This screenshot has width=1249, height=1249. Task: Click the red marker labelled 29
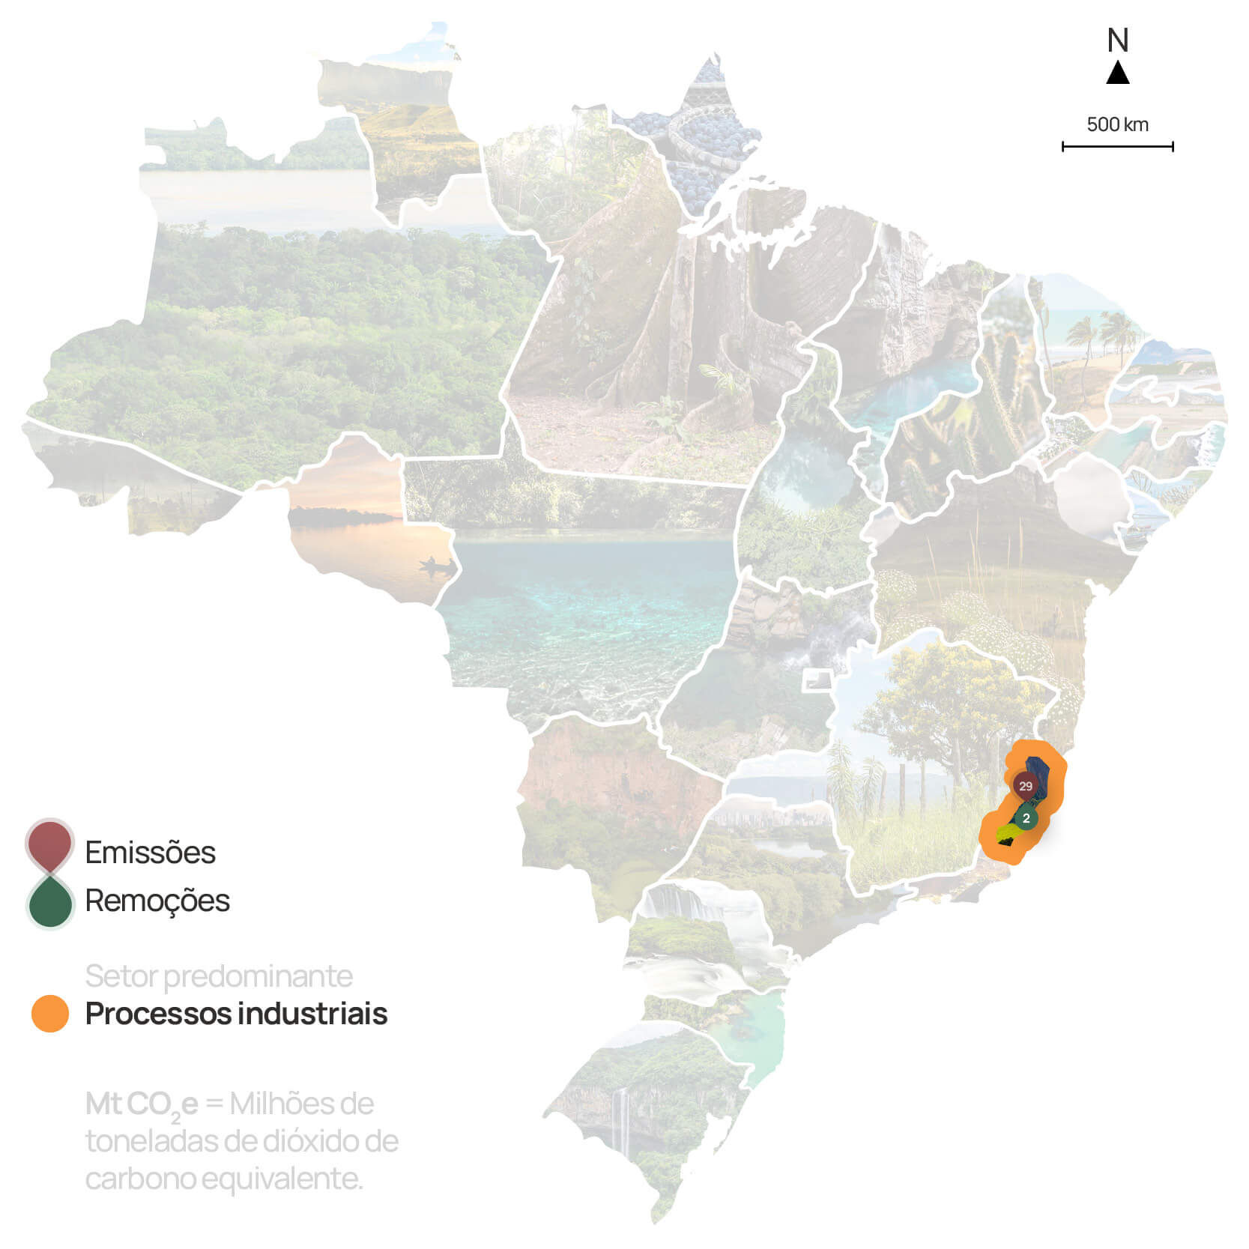pos(1025,786)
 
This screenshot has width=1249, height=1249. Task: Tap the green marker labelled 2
pos(1026,818)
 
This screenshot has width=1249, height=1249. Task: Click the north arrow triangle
pos(1118,73)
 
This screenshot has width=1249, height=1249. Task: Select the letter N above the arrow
pos(1118,40)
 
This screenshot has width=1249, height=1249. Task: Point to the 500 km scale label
pos(1117,124)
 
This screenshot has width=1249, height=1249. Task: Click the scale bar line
pos(1117,147)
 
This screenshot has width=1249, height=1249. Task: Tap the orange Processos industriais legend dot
pos(50,1014)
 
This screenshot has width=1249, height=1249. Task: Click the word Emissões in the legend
pos(150,853)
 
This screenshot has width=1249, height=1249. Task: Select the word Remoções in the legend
pos(157,901)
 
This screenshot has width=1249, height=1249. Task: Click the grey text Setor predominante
pos(219,976)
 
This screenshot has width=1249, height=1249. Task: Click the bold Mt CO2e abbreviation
pos(142,1104)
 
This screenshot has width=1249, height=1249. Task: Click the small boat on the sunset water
pos(436,563)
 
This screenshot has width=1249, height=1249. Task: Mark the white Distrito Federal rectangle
pos(817,680)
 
